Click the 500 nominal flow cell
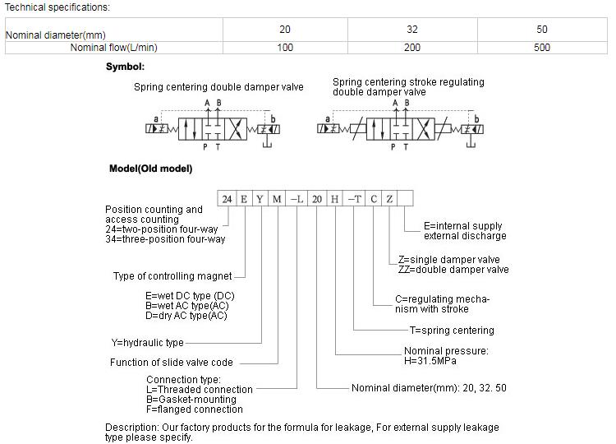tap(541, 48)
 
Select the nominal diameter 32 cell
tap(412, 30)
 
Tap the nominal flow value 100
tap(284, 48)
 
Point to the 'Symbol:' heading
tap(125, 67)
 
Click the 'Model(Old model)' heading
tap(150, 169)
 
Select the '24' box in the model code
tap(227, 199)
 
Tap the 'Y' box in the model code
tap(260, 199)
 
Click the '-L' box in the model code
tap(297, 199)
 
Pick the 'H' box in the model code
tap(334, 199)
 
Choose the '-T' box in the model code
tap(354, 199)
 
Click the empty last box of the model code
tap(406, 199)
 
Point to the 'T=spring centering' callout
tap(452, 331)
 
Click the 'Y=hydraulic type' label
tap(148, 343)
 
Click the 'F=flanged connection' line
tap(195, 409)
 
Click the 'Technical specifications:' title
tap(57, 7)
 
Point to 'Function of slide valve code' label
tap(172, 363)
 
